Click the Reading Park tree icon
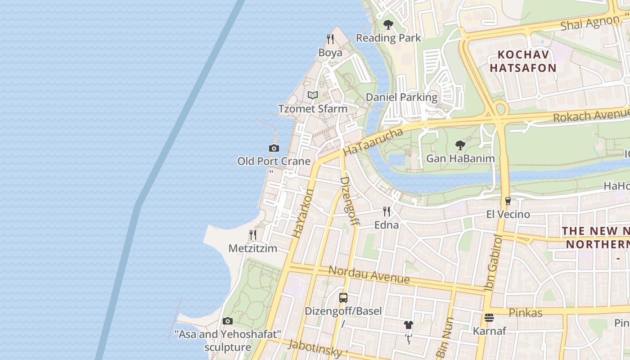pyautogui.click(x=388, y=25)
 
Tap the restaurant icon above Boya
pyautogui.click(x=330, y=39)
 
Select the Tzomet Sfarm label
pyautogui.click(x=313, y=108)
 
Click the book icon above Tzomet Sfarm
pyautogui.click(x=313, y=95)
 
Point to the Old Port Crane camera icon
pyautogui.click(x=274, y=148)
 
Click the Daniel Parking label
pyautogui.click(x=401, y=97)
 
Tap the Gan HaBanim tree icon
pyautogui.click(x=460, y=145)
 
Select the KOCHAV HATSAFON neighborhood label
pyautogui.click(x=523, y=61)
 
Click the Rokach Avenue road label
pyautogui.click(x=590, y=115)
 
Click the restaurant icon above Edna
pyautogui.click(x=386, y=211)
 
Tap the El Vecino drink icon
pyautogui.click(x=508, y=201)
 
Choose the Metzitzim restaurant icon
pyautogui.click(x=253, y=235)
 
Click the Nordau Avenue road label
pyautogui.click(x=369, y=274)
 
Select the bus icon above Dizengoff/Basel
pyautogui.click(x=343, y=297)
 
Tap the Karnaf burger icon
pyautogui.click(x=489, y=318)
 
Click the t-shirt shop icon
pyautogui.click(x=408, y=324)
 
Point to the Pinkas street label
pyautogui.click(x=525, y=312)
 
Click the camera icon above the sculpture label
pyautogui.click(x=228, y=321)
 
